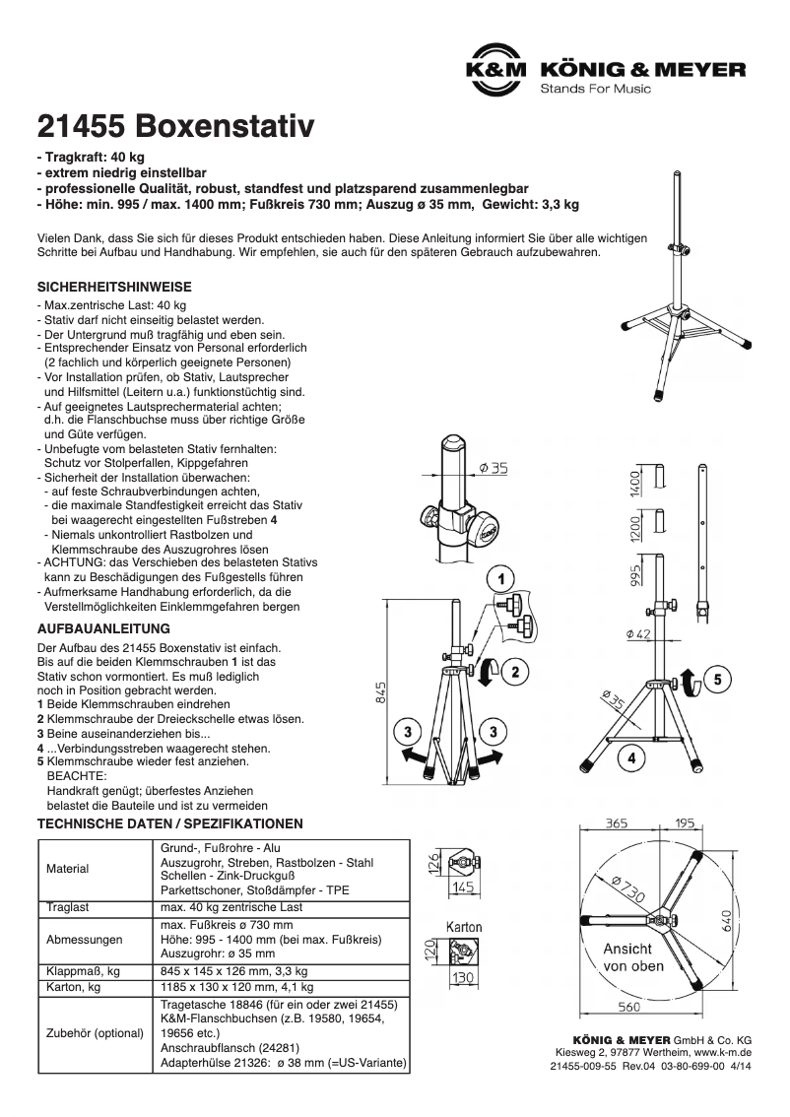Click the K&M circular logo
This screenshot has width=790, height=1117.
coord(495,73)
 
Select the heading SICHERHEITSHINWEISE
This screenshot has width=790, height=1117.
coord(114,287)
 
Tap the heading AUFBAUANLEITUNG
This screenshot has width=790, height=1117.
coord(103,627)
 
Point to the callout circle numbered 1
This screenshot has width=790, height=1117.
coord(499,578)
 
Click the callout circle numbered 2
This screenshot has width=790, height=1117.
coord(514,672)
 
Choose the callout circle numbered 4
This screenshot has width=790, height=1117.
coord(630,757)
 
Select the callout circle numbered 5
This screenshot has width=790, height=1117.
coord(716,679)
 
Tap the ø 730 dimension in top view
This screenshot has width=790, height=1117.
coord(625,888)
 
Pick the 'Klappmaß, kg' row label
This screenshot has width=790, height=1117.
coord(83,969)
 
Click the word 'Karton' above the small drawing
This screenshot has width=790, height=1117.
coord(463,928)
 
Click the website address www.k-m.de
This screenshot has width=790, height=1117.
coord(722,1052)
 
